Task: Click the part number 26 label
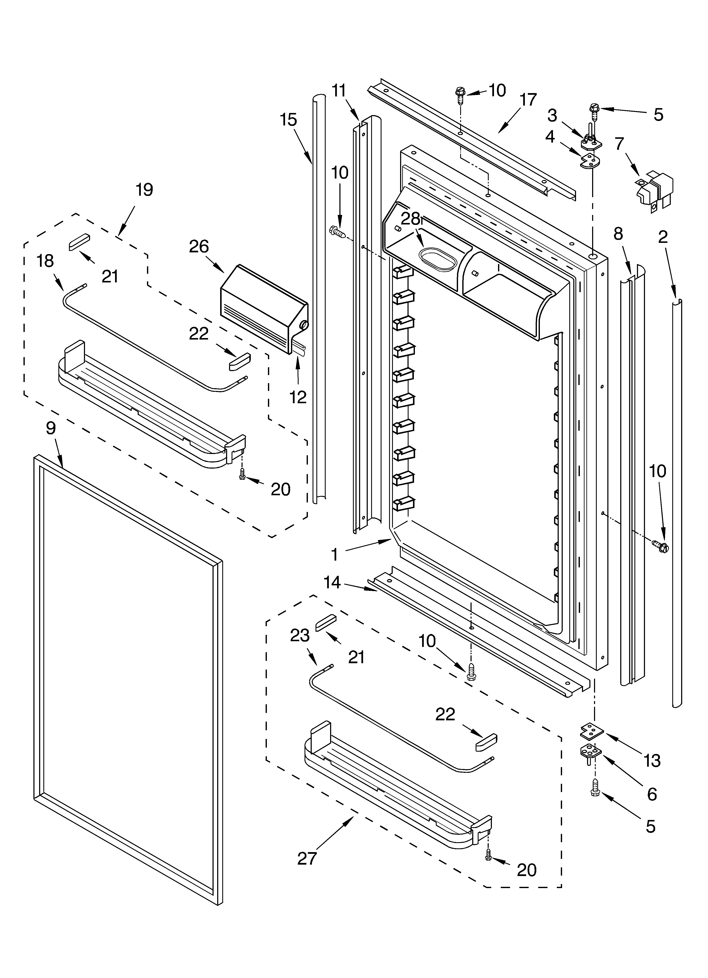click(x=199, y=247)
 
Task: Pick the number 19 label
click(x=144, y=190)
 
